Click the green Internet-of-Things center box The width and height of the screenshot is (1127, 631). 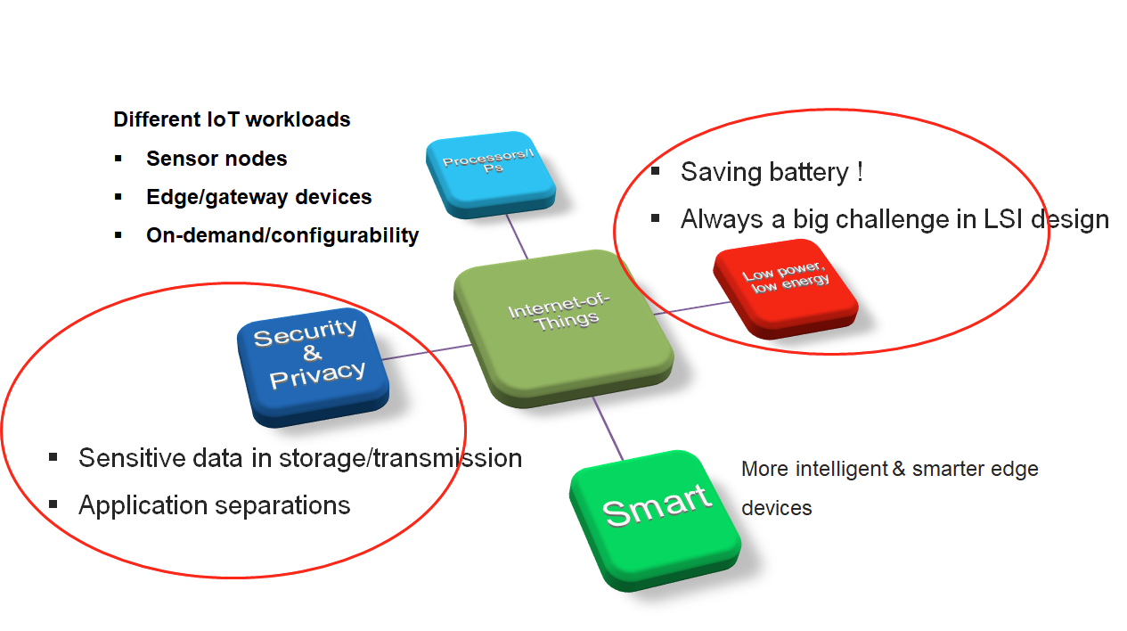click(563, 328)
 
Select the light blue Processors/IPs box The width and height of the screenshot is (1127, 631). click(491, 175)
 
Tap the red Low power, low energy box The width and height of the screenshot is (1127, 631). click(786, 289)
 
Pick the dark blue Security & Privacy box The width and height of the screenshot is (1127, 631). click(313, 367)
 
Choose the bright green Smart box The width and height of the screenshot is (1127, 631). click(655, 520)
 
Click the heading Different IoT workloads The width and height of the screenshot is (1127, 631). click(232, 119)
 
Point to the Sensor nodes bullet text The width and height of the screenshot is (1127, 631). click(216, 159)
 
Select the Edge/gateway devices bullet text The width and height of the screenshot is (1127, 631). click(258, 197)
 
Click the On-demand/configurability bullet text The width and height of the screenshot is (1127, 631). click(282, 235)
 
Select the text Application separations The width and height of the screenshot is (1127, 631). click(215, 505)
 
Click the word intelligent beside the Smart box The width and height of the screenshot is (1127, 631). click(842, 469)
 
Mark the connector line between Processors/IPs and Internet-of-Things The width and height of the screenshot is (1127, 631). click(517, 236)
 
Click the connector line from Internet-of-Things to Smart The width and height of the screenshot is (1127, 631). click(608, 428)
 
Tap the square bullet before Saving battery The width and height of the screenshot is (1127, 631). click(655, 171)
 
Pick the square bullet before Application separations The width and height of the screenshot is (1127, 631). click(53, 504)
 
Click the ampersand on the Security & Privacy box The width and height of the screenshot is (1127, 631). click(313, 353)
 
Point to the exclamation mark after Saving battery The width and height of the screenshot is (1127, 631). click(861, 172)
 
